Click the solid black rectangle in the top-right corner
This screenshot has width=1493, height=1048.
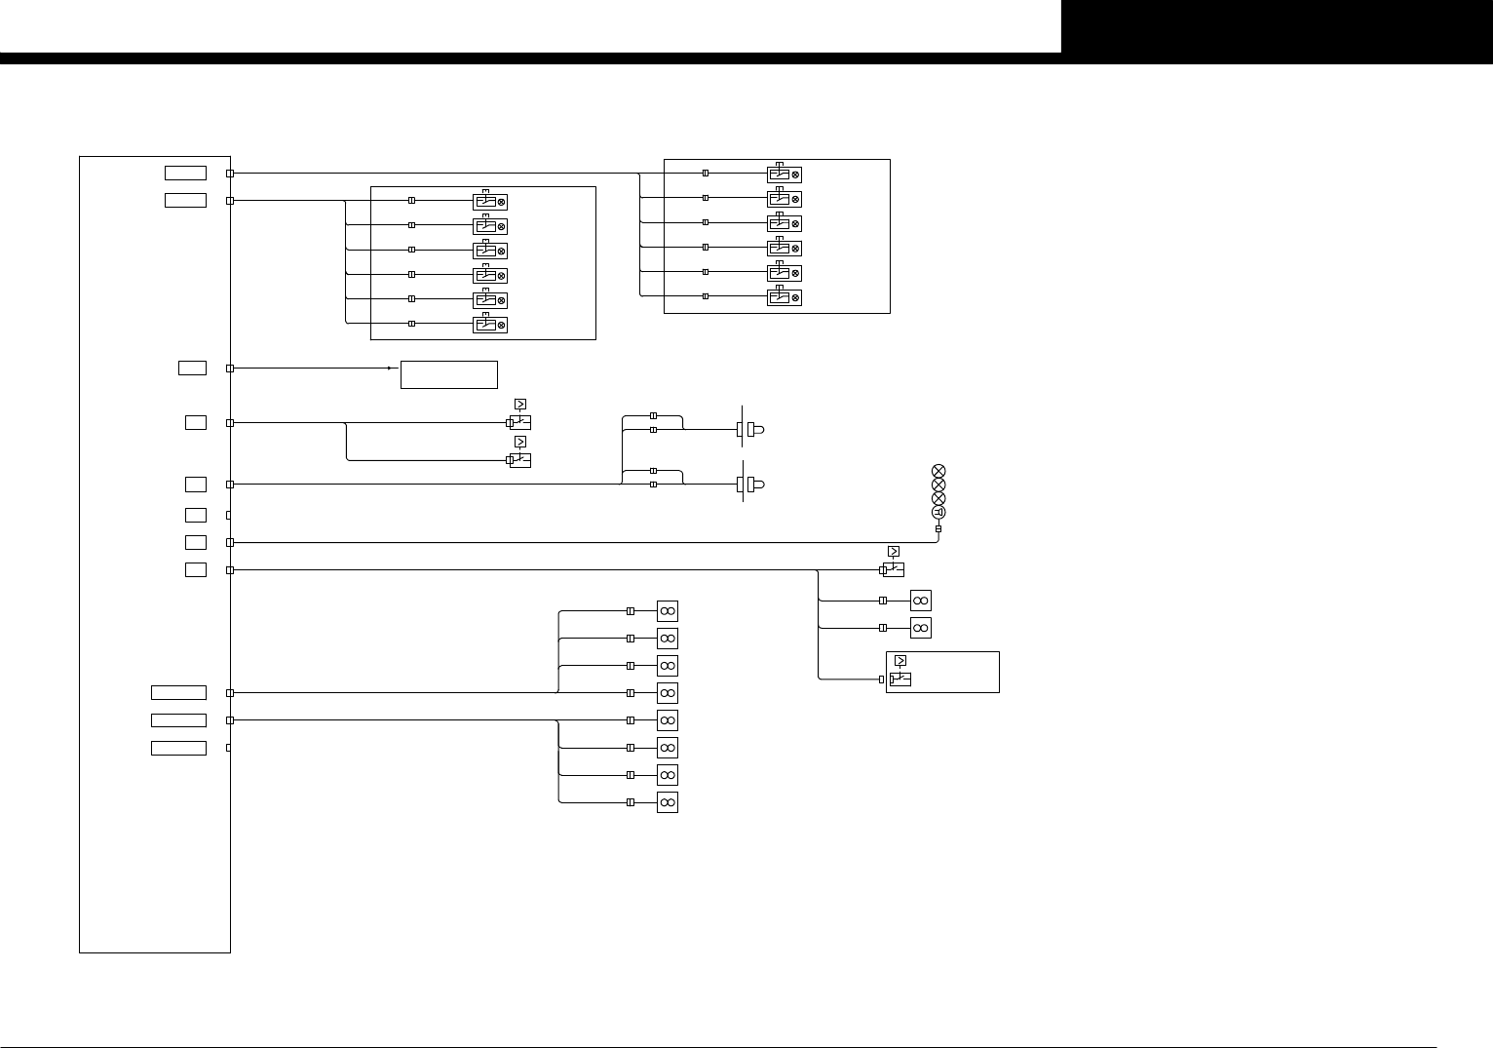point(1277,26)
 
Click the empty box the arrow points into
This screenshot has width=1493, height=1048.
point(448,374)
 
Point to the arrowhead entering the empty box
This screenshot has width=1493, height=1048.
point(390,369)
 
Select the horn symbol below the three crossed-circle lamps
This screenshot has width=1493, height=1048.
point(938,513)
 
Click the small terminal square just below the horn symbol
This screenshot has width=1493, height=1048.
point(938,529)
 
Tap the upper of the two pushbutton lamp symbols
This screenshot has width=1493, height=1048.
point(751,429)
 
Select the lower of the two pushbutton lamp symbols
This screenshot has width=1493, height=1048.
point(751,484)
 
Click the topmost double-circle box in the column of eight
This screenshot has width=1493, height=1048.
point(668,611)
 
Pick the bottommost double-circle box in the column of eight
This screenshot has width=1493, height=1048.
point(668,802)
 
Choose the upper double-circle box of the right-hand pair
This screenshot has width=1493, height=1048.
point(921,601)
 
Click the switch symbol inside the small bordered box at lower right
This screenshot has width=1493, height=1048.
point(900,679)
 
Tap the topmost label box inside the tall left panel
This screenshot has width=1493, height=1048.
point(185,174)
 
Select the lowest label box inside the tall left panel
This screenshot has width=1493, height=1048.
point(178,748)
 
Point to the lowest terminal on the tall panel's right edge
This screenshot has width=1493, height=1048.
point(229,748)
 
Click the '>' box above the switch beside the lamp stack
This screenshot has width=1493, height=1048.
point(894,552)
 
